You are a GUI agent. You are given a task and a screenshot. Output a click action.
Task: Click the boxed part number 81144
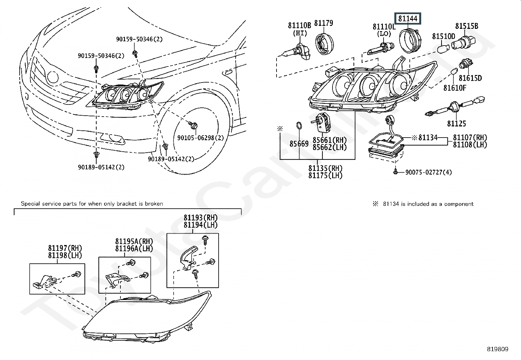[x=408, y=19]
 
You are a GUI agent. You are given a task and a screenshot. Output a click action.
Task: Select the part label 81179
[x=323, y=23]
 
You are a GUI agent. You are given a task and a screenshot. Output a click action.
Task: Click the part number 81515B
[x=467, y=26]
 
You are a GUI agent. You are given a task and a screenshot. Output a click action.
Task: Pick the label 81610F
[x=455, y=88]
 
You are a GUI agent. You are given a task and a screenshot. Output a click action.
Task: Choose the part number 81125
[x=457, y=123]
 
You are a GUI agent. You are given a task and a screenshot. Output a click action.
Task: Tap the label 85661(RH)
[x=329, y=140]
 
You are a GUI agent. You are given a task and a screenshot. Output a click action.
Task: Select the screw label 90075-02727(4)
[x=428, y=172]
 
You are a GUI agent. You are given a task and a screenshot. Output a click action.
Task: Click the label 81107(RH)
[x=470, y=138]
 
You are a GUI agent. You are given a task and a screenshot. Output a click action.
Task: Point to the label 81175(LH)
[x=325, y=176]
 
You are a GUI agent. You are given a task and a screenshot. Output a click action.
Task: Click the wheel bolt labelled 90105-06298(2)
[x=192, y=124]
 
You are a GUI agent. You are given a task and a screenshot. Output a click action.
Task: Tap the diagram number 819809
[x=497, y=349]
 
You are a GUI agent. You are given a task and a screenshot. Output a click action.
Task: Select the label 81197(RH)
[x=65, y=248]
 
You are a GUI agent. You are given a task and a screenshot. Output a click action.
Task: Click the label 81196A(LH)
[x=134, y=249]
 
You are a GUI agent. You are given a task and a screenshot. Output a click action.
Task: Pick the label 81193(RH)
[x=200, y=218]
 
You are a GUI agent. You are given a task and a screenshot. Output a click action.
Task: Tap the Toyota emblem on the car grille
[x=52, y=77]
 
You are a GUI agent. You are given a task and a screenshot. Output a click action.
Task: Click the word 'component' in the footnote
[x=459, y=204]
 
